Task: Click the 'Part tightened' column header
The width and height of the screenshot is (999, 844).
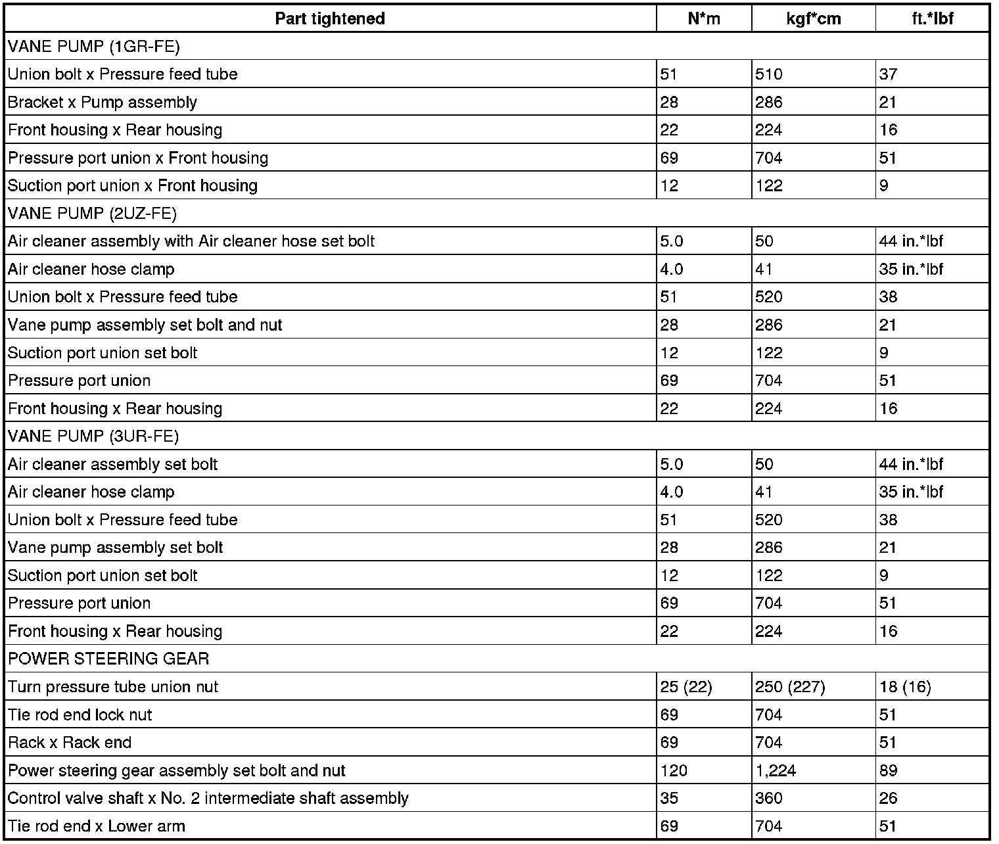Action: pos(330,18)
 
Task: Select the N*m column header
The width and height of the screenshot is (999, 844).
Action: pos(704,18)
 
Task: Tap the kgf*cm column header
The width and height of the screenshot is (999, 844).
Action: pos(814,18)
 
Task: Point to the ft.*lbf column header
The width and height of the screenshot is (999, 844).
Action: pos(933,18)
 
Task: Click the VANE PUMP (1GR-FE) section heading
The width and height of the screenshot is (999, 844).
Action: pos(94,46)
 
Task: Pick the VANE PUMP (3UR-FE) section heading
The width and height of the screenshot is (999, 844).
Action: pos(93,436)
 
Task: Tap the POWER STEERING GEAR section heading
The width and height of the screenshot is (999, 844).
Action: pos(108,659)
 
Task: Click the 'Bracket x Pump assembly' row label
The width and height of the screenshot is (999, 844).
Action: pos(103,102)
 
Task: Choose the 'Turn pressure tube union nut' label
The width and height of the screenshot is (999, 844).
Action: pos(113,687)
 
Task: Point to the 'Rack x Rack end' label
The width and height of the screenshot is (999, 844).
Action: pos(70,743)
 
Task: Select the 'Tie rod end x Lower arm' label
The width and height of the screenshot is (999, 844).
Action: pos(97,826)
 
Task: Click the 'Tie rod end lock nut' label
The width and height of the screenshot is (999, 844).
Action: pos(80,715)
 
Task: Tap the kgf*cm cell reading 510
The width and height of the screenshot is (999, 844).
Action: pos(769,74)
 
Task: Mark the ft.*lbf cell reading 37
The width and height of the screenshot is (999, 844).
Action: pos(889,74)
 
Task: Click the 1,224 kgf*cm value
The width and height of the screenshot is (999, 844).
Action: pos(776,770)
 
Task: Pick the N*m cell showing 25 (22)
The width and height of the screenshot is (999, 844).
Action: pos(686,687)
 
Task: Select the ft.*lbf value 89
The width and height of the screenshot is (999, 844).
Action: pos(889,770)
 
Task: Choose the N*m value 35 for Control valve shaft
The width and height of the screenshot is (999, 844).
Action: pos(669,799)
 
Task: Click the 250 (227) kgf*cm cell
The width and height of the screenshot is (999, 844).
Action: pos(790,687)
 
